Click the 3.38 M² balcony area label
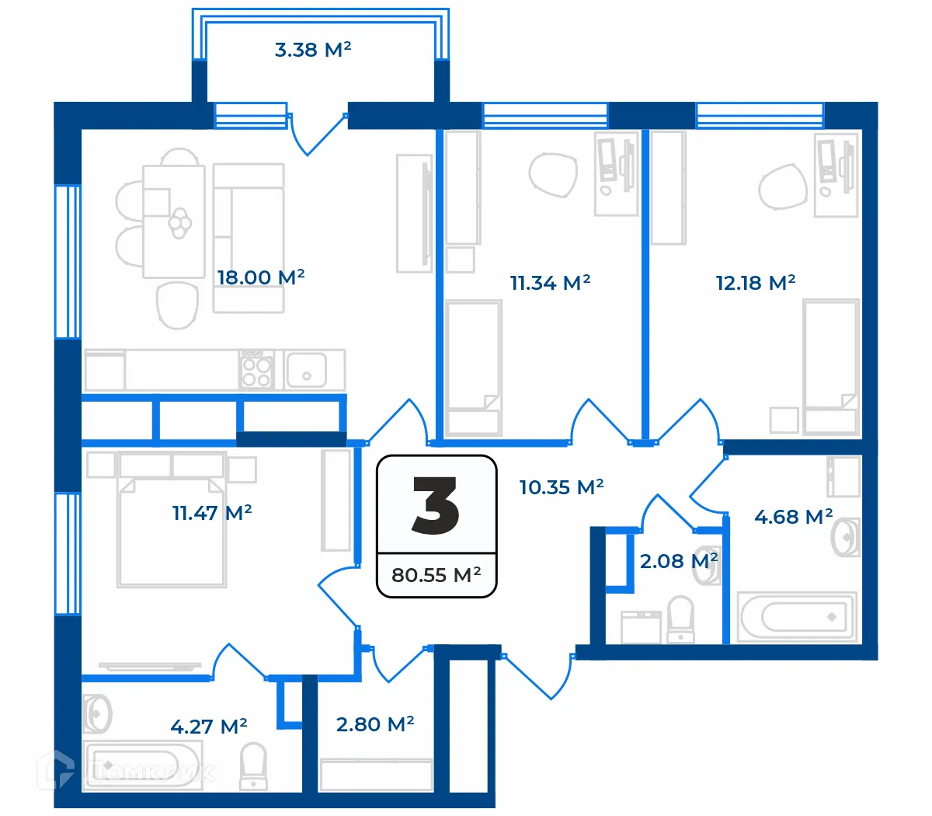313,51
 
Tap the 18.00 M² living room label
260,277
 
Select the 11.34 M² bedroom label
550,283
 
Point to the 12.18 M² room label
755,283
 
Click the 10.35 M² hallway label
561,488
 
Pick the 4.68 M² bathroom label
793,517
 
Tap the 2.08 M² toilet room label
677,561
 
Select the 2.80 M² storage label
374,725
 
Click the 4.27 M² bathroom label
208,727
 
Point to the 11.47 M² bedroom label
211,513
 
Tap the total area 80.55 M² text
436,576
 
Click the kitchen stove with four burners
256,370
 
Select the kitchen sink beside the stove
306,370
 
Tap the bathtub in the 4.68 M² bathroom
798,618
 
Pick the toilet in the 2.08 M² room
681,619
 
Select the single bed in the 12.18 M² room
830,365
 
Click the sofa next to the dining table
249,237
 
